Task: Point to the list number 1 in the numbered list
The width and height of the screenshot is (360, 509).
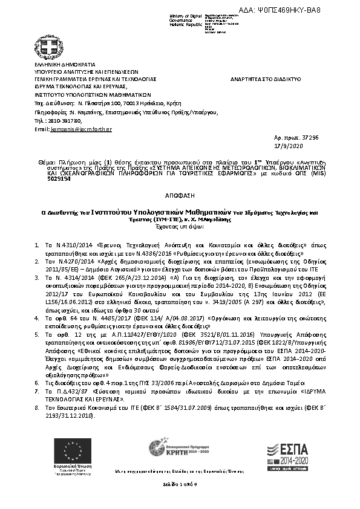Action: coord(38,245)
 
